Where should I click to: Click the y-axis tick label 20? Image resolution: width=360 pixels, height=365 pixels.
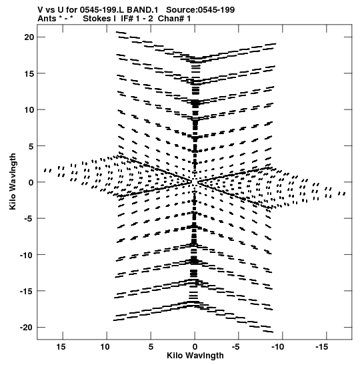(x=29, y=37)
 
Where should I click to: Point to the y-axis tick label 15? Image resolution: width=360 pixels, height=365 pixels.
(x=29, y=73)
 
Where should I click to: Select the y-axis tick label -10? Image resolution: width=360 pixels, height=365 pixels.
(x=27, y=255)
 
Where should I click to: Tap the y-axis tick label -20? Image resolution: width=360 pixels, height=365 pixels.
(x=27, y=328)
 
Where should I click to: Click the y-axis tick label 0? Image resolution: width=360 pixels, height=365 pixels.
(x=31, y=182)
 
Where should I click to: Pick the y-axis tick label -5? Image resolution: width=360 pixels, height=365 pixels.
(x=29, y=219)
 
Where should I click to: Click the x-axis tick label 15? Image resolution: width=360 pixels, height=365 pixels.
(x=61, y=347)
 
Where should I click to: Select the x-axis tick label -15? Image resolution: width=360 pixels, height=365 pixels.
(x=322, y=347)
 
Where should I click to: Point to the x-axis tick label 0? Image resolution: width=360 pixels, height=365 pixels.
(x=195, y=347)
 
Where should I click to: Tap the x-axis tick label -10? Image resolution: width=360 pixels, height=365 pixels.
(x=278, y=347)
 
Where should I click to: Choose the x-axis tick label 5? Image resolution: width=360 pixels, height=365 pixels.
(x=151, y=347)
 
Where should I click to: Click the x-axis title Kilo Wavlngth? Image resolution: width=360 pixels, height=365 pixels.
(x=195, y=356)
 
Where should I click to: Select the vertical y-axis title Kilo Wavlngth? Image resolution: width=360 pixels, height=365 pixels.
(x=13, y=181)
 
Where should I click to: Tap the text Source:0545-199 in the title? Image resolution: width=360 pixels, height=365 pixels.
(x=200, y=10)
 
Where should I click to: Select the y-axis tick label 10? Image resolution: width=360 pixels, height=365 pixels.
(x=29, y=109)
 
